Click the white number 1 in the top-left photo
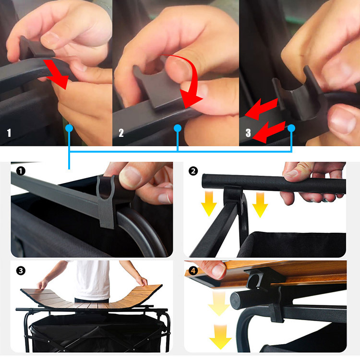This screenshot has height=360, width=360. pos(9,133)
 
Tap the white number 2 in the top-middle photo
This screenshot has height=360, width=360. pos(121,133)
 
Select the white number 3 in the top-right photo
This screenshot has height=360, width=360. pos(248,133)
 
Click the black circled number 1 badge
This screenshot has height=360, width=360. pos(21,171)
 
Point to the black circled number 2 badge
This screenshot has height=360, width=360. pos(193,171)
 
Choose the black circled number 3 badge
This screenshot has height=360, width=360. pos(21,271)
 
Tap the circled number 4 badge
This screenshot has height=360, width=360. pos(193,271)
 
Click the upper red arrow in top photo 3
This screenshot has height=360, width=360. pos(261,109)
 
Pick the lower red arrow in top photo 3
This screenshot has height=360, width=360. pos(269,132)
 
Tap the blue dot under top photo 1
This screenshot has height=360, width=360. pos(69,128)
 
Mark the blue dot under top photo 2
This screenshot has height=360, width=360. pos(178,128)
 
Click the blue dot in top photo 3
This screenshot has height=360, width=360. pos(291,128)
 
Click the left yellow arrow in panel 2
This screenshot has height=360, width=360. pos(209,204)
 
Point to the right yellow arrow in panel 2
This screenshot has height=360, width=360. pos(260,204)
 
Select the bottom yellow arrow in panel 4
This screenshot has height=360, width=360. pos(220,337)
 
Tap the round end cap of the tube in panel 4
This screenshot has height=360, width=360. pos(237,301)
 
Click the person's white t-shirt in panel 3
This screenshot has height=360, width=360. pos(92,280)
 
